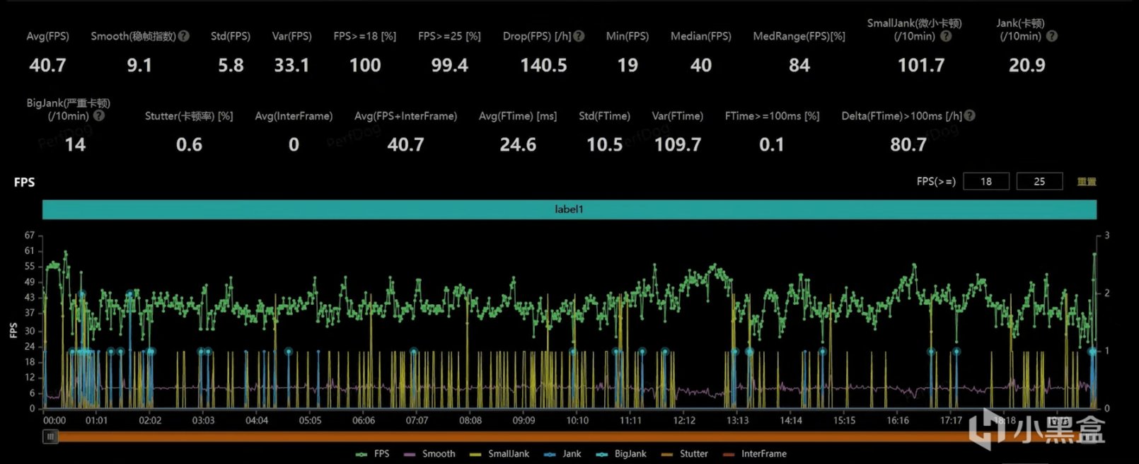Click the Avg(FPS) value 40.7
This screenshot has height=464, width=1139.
(x=47, y=66)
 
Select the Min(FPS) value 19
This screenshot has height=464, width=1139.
(x=628, y=66)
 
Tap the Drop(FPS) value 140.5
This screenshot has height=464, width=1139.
(x=543, y=66)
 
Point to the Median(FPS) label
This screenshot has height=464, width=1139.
(x=700, y=36)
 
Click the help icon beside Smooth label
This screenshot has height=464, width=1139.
(x=184, y=36)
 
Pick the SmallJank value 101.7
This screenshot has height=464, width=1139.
(x=920, y=66)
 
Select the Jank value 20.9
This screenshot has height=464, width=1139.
(x=1027, y=66)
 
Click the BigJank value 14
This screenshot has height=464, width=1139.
(x=75, y=145)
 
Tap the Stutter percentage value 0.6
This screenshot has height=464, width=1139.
(x=189, y=145)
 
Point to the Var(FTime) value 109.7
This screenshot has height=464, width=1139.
(x=677, y=145)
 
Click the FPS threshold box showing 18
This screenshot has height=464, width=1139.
(x=985, y=182)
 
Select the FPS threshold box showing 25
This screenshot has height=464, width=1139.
(x=1039, y=182)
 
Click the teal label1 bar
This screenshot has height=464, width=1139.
(x=569, y=209)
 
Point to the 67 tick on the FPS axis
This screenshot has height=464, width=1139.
(x=30, y=236)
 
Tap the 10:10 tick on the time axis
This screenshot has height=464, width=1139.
(x=577, y=420)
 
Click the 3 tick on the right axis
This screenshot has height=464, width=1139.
(x=1106, y=236)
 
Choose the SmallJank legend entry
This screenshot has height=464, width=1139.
(x=508, y=454)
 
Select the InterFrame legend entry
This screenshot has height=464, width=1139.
(x=763, y=454)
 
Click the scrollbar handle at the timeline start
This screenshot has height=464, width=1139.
(x=50, y=437)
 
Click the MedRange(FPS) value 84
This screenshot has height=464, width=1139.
(x=799, y=66)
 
